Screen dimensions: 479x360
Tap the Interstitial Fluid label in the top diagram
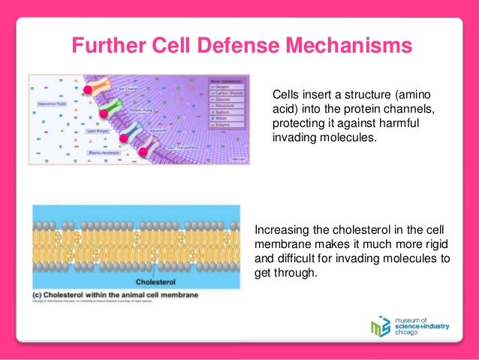tap(50, 104)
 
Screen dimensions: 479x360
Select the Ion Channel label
tap(128, 89)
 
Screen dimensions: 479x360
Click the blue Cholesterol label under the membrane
tap(156, 283)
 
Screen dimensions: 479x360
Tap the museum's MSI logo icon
tap(381, 327)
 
